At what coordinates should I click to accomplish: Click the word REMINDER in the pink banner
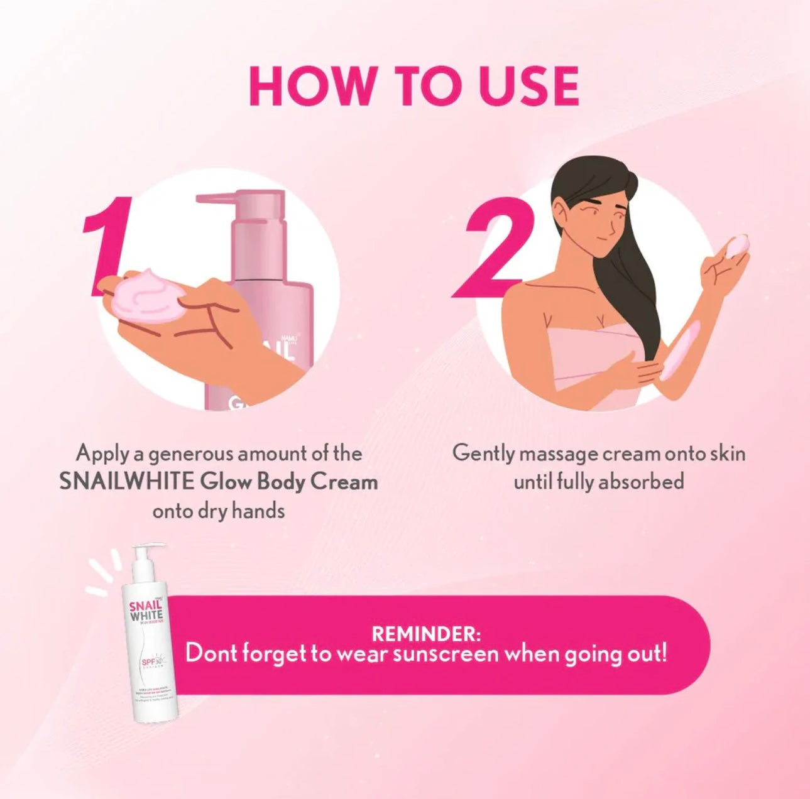[425, 633]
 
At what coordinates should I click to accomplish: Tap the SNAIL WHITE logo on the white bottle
[145, 610]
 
